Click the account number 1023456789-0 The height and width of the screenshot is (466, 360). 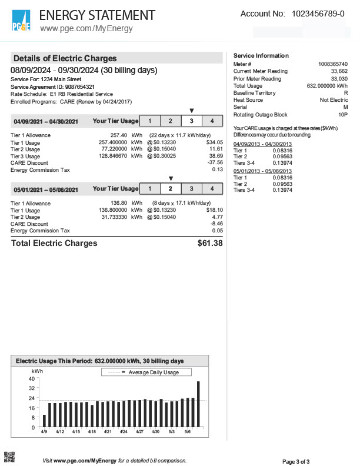(318, 14)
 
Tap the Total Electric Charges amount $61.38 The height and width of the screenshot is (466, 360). (211, 243)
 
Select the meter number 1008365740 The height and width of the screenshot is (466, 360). (333, 64)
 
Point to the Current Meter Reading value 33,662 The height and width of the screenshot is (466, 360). (336, 71)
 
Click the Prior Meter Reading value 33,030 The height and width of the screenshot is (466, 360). (336, 78)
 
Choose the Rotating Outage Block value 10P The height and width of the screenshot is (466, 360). (342, 115)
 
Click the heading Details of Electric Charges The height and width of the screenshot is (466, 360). (65, 58)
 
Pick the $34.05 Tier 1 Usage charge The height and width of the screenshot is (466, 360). (215, 142)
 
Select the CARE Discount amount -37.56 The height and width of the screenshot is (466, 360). (215, 163)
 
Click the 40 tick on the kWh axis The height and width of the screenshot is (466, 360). (31, 379)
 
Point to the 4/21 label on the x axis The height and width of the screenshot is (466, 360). (108, 432)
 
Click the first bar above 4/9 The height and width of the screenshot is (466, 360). (44, 421)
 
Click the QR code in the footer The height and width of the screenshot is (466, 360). (9, 456)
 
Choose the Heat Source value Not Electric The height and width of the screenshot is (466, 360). (334, 100)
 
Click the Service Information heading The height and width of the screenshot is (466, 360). (261, 56)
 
